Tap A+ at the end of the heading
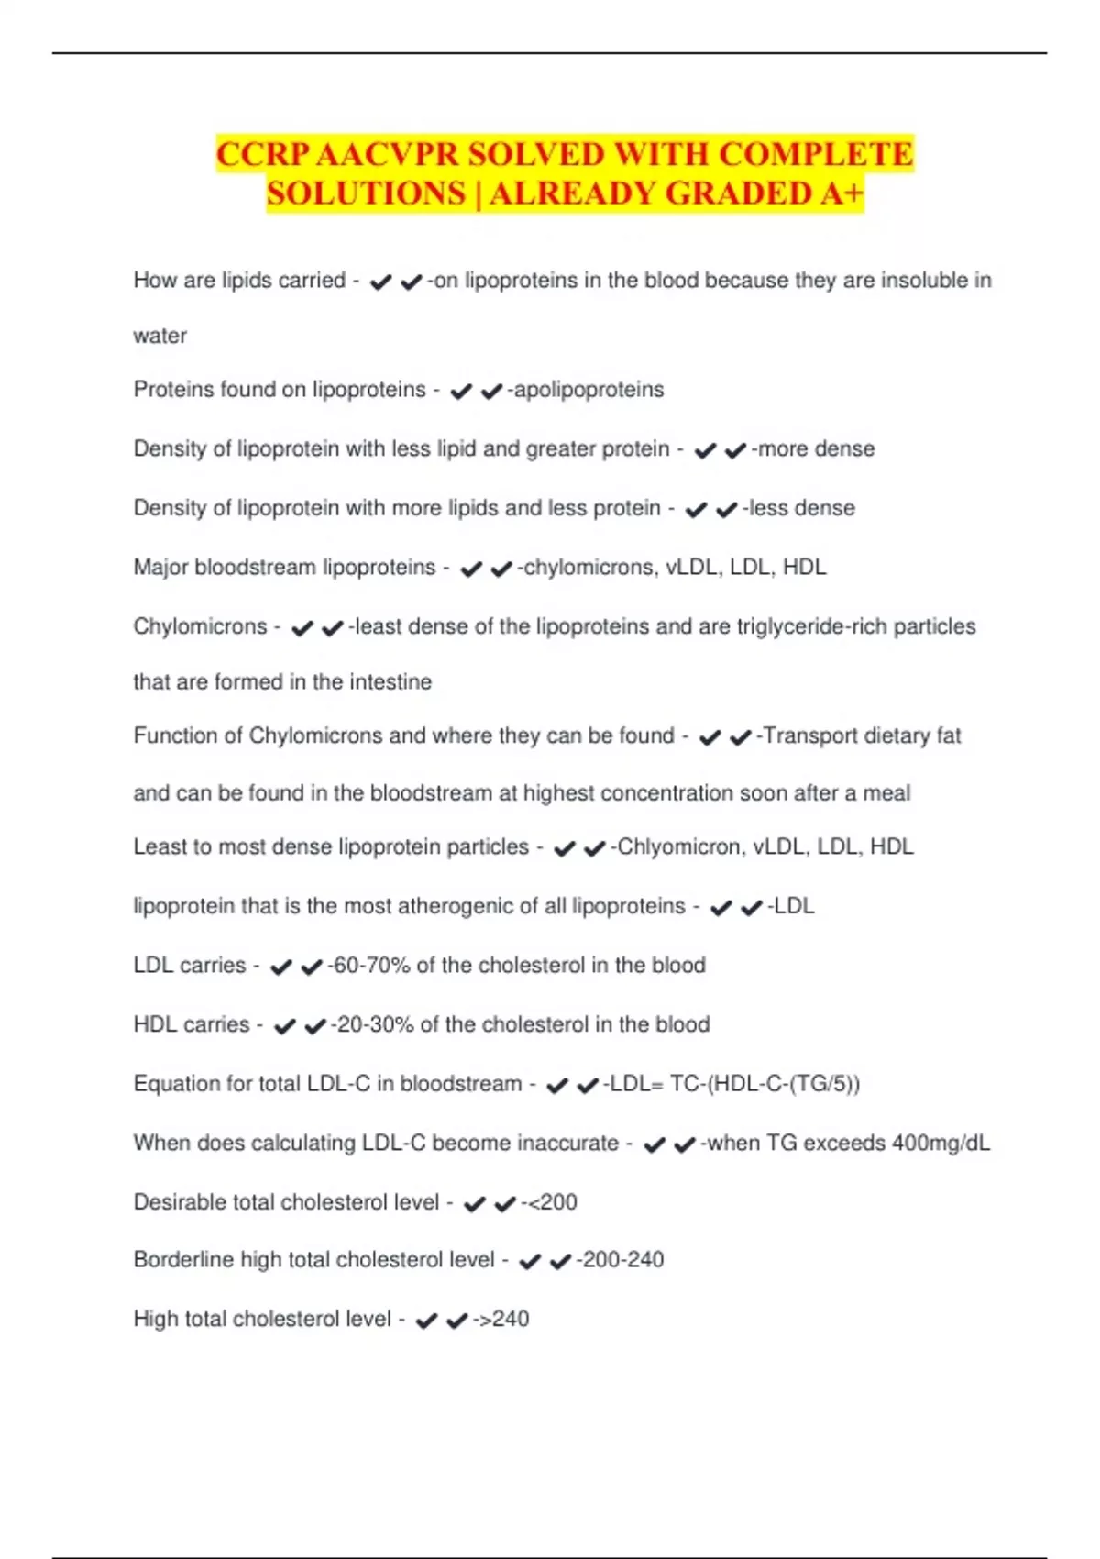[x=841, y=193]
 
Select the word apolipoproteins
[x=589, y=390]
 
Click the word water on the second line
[x=159, y=336]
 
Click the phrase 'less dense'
[x=802, y=508]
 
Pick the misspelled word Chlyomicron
[x=679, y=846]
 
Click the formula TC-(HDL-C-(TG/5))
[x=765, y=1084]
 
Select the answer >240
[x=504, y=1320]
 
